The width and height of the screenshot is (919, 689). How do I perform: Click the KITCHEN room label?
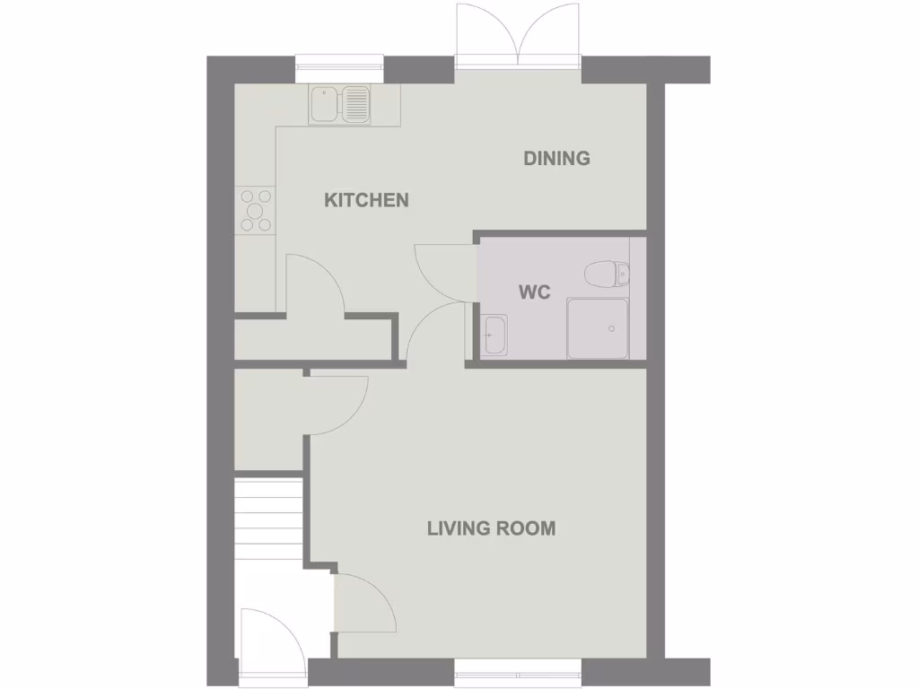366,200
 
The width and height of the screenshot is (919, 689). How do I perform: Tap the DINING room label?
556,159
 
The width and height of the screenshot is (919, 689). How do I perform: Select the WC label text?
534,292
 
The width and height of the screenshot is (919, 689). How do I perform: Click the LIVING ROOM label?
491,528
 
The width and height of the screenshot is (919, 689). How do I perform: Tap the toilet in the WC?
603,271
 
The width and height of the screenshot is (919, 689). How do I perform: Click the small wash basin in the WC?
495,336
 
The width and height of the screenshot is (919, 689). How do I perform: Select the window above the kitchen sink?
339,63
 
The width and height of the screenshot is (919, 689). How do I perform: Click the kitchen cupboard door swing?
314,283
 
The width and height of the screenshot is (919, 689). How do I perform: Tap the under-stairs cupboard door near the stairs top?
339,404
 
